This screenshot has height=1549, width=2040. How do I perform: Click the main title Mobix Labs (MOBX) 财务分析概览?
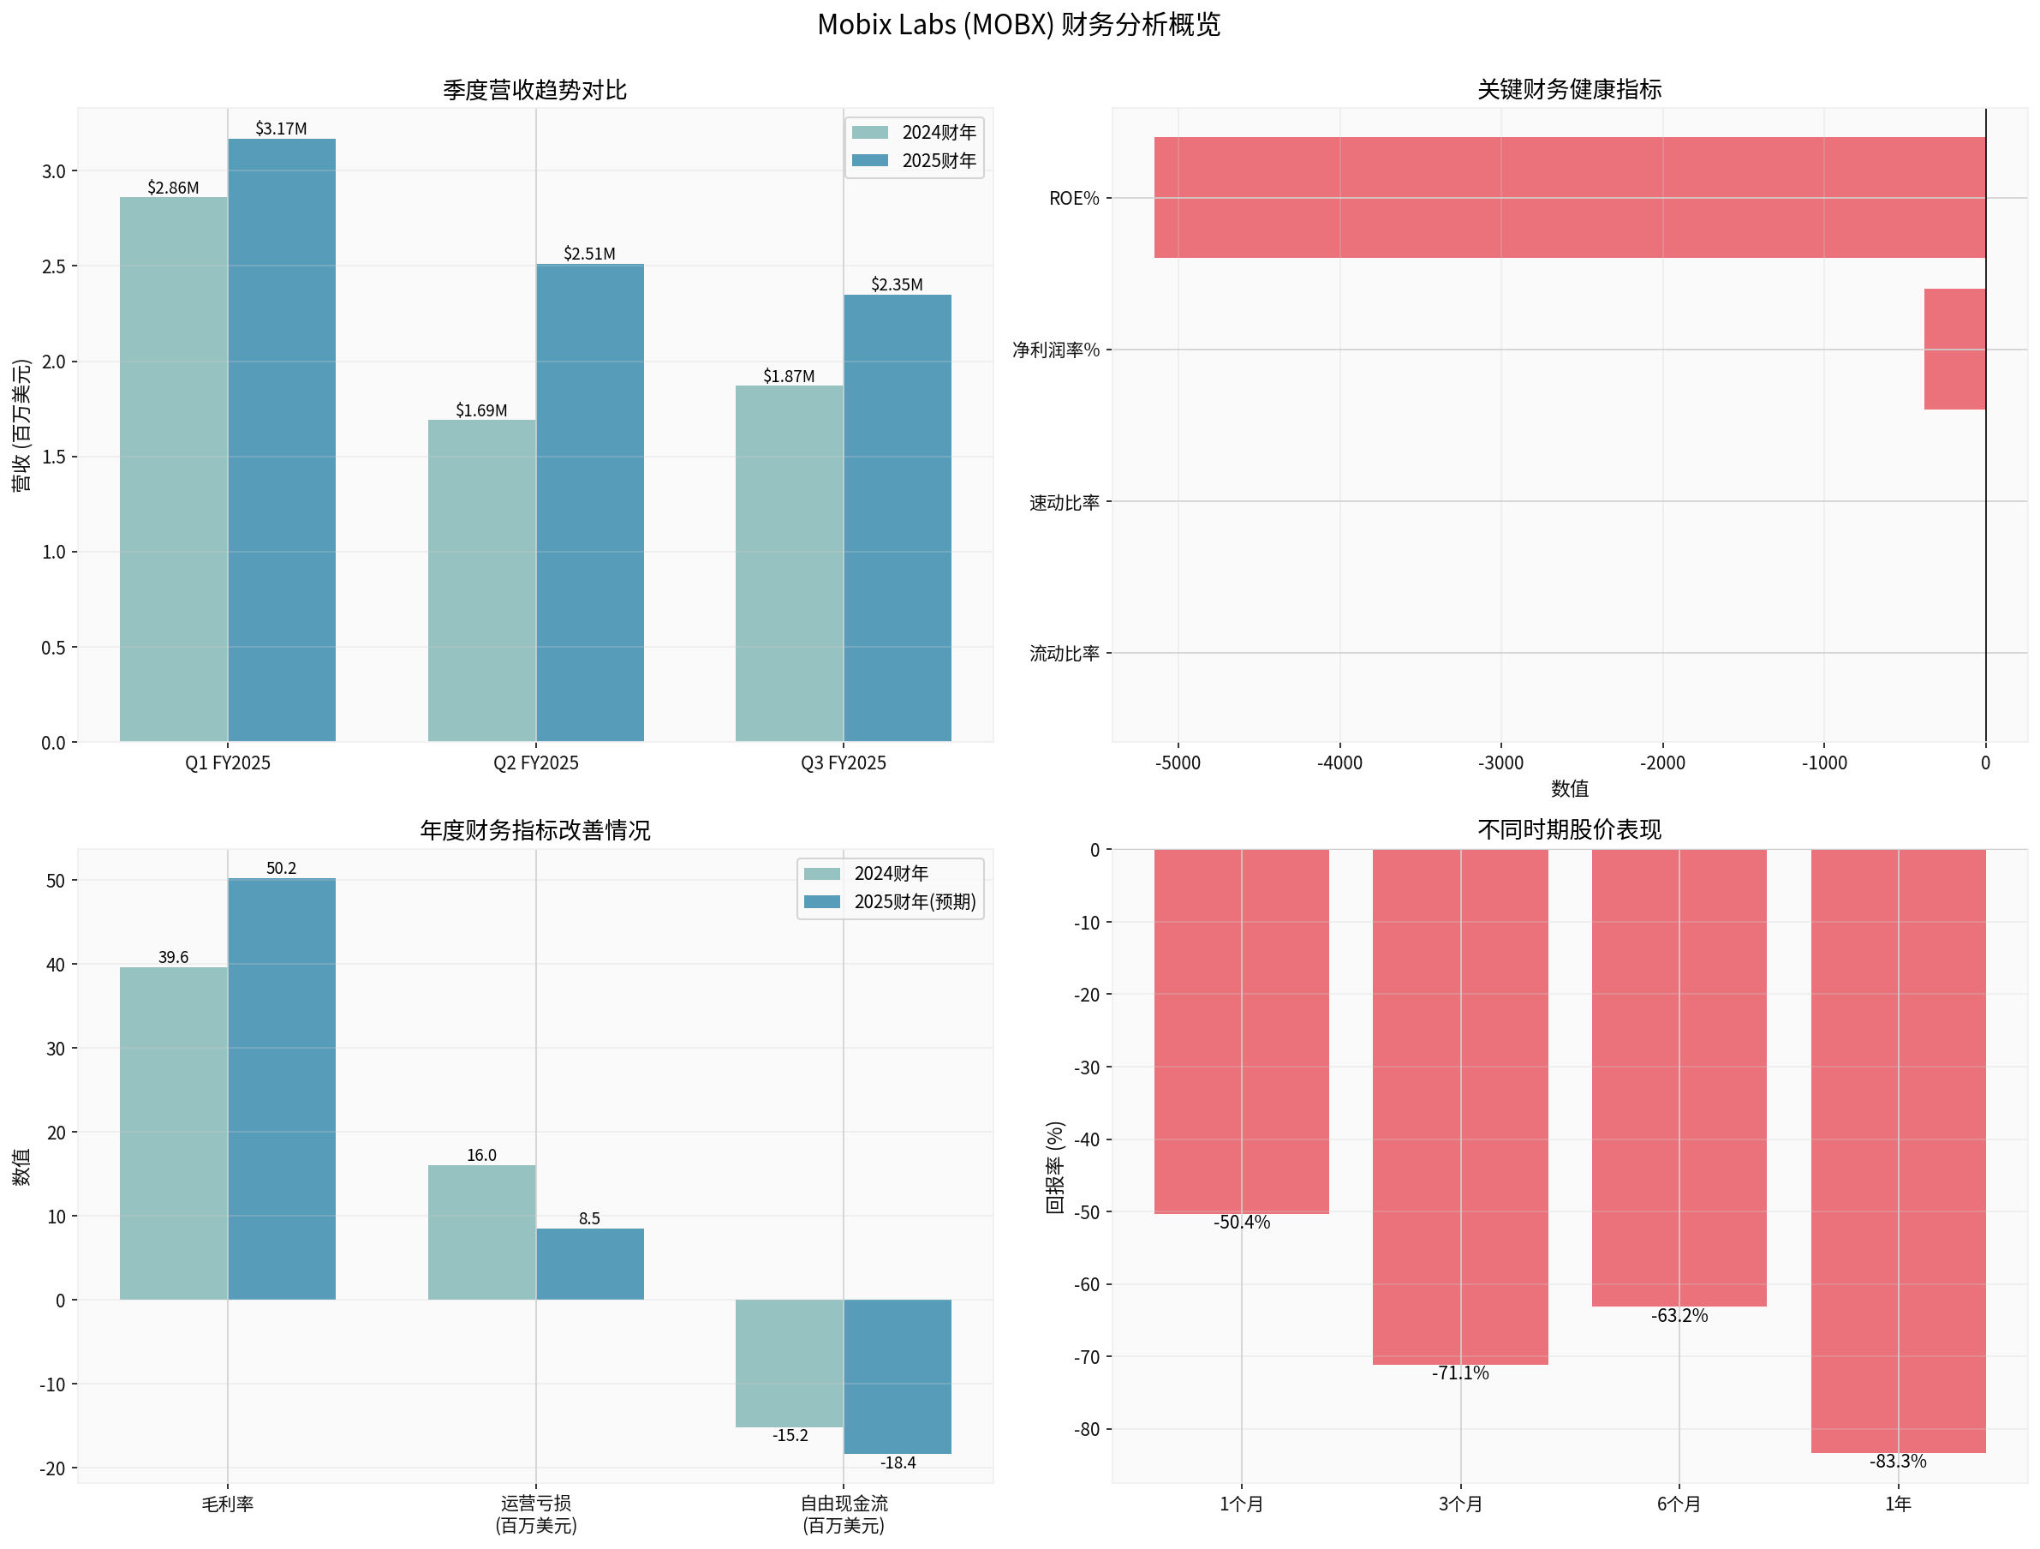[x=1018, y=25]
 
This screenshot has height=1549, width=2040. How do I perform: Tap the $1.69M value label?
[x=481, y=410]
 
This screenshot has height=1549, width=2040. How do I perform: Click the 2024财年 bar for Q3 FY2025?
[x=789, y=564]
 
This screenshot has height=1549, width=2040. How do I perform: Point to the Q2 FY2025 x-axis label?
[x=536, y=763]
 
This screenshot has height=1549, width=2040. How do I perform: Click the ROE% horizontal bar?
[x=1569, y=197]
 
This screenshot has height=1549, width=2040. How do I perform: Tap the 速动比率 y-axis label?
[x=1065, y=503]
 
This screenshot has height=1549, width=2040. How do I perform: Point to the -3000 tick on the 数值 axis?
[x=1500, y=763]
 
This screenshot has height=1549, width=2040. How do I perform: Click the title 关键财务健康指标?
[x=1569, y=89]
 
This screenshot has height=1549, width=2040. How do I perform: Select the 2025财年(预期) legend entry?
[x=891, y=901]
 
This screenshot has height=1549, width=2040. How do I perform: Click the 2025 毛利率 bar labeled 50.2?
[x=281, y=1089]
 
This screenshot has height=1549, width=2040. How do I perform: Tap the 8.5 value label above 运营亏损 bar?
[x=589, y=1218]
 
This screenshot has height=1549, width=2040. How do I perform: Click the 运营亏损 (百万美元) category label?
[x=536, y=1514]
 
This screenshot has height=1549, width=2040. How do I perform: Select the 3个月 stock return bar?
[x=1460, y=1106]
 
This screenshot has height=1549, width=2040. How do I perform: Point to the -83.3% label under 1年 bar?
[x=1898, y=1462]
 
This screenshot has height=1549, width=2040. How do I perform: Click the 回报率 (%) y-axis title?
[x=1055, y=1167]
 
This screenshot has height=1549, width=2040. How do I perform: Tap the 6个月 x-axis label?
[x=1679, y=1504]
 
